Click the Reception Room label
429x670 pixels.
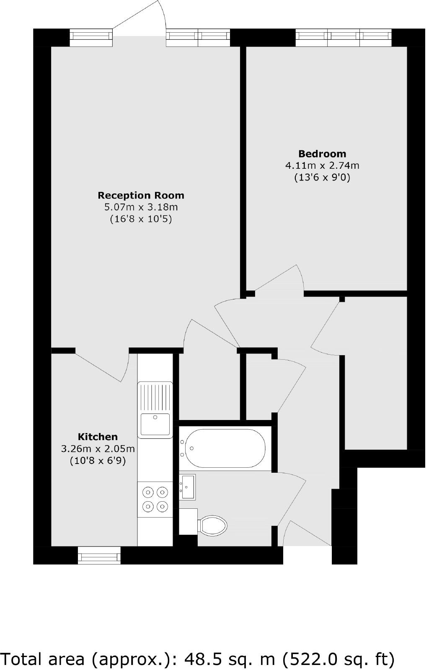141,195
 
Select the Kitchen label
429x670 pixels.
98,437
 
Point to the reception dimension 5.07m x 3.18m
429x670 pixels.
141,207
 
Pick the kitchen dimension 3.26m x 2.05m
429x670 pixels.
98,449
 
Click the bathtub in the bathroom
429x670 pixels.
225,448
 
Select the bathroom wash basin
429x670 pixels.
188,487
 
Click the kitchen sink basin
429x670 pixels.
155,424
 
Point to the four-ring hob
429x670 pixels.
155,499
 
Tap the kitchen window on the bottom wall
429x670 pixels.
99,556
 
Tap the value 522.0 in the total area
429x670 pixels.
312,659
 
